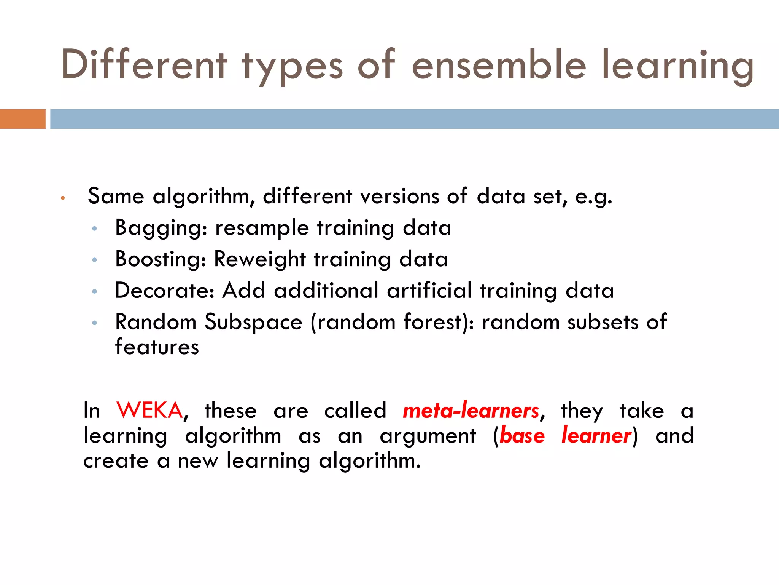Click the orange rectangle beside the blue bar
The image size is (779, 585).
[x=22, y=119]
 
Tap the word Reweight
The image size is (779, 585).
[x=260, y=259]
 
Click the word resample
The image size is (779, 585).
[x=262, y=228]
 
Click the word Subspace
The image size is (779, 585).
[x=253, y=322]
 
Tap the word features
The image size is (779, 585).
[x=157, y=347]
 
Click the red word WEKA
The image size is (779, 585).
[x=149, y=411]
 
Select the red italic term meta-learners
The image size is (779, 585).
[x=471, y=411]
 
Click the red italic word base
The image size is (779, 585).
[x=522, y=435]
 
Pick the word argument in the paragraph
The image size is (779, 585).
[x=428, y=436]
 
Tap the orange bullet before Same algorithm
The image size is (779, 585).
[x=63, y=198]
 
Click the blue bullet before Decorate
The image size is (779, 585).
[x=95, y=292]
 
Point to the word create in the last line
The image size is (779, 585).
[x=116, y=461]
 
